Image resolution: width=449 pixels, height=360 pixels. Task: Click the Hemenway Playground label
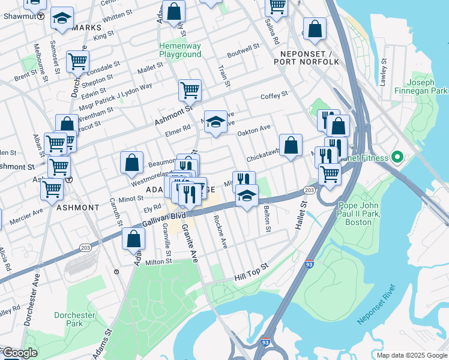(x=180, y=50)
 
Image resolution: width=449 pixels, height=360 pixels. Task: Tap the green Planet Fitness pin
(x=396, y=158)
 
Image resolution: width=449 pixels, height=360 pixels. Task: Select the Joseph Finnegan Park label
(x=427, y=86)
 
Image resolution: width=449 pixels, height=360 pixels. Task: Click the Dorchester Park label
(x=74, y=319)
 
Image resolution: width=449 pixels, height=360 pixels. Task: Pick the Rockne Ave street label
(x=220, y=231)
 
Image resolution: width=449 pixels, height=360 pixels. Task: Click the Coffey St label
(x=274, y=95)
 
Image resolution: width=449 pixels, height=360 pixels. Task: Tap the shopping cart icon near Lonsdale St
(x=77, y=61)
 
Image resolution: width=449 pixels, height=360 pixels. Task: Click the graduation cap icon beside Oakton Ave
(x=215, y=121)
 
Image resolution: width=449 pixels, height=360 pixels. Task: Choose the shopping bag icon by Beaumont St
(x=131, y=161)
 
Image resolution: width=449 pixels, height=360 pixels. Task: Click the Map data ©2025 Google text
(x=412, y=355)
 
